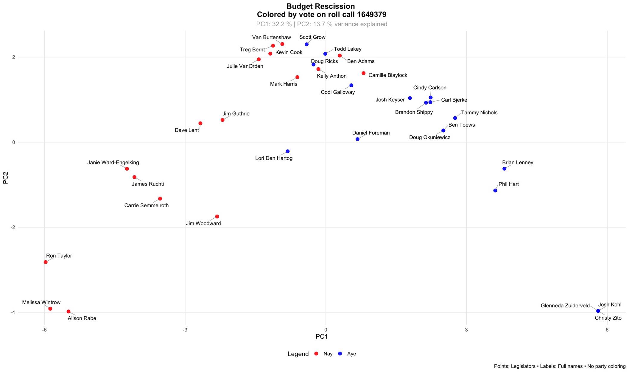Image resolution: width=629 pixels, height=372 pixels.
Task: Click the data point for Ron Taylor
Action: pos(46,262)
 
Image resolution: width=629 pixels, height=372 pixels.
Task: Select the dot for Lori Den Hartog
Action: pos(287,151)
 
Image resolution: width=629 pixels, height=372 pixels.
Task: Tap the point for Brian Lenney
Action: pos(504,169)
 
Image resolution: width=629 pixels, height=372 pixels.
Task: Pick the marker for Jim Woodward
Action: pos(217,217)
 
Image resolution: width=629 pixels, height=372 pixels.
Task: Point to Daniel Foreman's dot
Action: pos(357,139)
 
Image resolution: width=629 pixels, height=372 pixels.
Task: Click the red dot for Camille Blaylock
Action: pos(363,73)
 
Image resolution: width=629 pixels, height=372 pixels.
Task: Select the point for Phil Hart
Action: pos(495,191)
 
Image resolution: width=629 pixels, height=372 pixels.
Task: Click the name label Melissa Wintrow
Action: pos(41,302)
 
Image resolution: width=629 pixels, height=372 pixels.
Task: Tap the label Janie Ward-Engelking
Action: pos(113,163)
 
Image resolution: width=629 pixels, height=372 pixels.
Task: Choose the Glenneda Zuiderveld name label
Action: pos(565,306)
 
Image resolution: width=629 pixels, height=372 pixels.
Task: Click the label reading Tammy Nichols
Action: pos(479,113)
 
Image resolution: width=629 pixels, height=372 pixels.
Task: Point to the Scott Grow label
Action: pos(312,37)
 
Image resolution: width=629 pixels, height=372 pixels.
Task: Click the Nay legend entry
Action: pos(328,354)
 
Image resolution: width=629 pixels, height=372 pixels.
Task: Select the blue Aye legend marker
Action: pos(340,354)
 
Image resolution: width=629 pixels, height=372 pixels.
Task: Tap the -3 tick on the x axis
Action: pos(185,330)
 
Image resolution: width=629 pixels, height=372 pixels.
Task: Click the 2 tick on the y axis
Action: pos(13,57)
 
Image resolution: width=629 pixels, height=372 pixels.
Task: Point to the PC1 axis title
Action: pos(322,337)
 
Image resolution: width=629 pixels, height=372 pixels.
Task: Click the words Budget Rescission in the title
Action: pos(320,6)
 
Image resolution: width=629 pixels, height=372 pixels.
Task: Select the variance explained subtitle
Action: pos(322,24)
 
